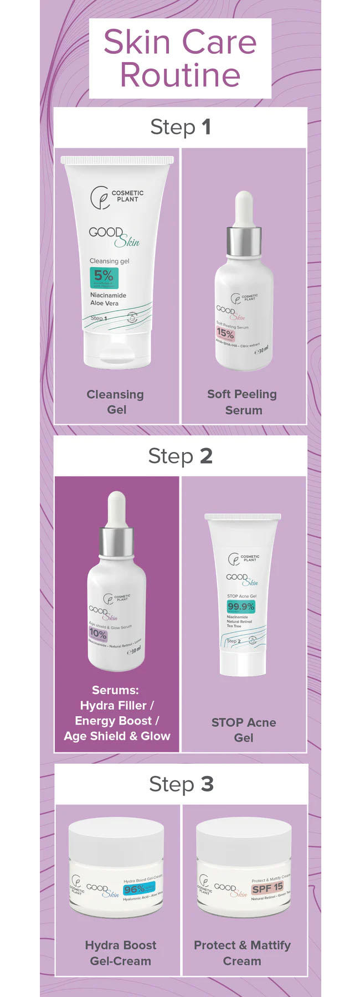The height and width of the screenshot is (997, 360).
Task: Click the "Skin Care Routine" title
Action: [x=180, y=58]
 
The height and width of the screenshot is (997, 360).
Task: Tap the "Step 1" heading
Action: [x=180, y=127]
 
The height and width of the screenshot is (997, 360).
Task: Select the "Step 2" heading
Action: [x=180, y=456]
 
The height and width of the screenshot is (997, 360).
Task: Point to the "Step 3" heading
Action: [x=181, y=784]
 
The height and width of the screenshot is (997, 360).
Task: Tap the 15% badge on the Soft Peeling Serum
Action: [x=225, y=333]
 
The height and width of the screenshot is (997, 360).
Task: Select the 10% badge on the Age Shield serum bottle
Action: [x=98, y=633]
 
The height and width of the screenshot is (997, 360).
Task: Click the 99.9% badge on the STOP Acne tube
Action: [x=241, y=607]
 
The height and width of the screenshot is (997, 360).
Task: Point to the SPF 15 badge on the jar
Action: [x=268, y=888]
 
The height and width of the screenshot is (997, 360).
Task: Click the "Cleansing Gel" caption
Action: [x=116, y=402]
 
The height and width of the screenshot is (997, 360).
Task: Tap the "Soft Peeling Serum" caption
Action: [x=243, y=402]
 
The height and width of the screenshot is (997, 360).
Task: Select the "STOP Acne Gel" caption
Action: [x=243, y=729]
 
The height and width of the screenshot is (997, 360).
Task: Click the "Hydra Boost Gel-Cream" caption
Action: [x=120, y=953]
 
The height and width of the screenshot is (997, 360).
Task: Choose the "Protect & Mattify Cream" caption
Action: [x=242, y=953]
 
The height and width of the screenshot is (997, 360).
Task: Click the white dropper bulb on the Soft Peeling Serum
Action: [x=244, y=208]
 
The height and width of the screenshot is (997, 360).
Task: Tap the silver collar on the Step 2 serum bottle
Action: [x=116, y=542]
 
